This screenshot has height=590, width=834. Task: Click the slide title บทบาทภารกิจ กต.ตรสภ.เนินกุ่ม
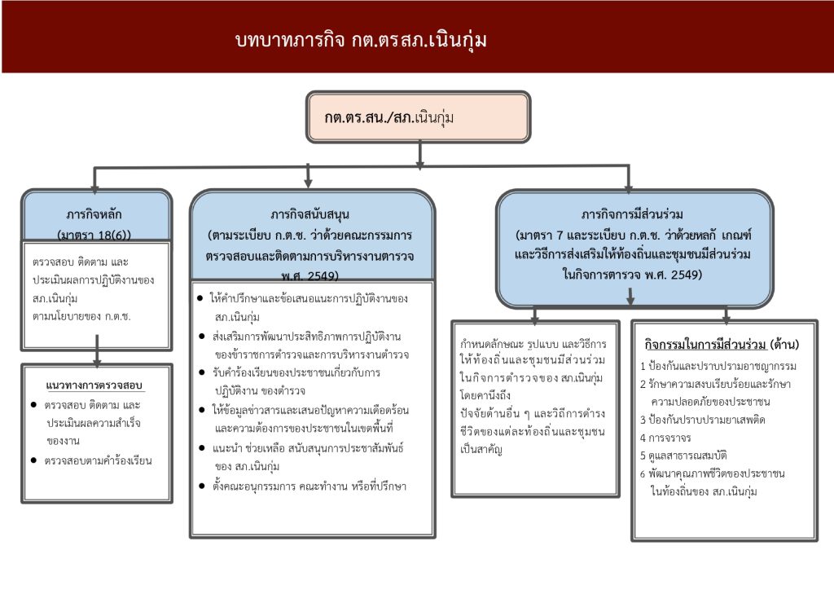coord(361,41)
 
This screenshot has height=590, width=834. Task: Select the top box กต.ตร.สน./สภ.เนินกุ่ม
coord(419,117)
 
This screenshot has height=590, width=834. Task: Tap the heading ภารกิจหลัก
coord(94,214)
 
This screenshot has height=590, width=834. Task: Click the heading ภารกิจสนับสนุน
coord(309,214)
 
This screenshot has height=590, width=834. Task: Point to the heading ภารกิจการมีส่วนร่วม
coord(632,214)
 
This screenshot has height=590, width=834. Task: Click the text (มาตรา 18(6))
coord(94,235)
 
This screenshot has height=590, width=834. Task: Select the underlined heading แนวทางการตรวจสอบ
coord(94,385)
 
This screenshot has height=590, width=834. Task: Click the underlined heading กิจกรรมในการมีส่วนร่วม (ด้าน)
coord(722,345)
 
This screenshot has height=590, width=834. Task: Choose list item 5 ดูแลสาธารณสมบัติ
coord(683,456)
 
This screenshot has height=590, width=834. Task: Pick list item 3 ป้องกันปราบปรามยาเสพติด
coord(703,420)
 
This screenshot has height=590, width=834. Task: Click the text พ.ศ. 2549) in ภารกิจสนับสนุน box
coord(309,275)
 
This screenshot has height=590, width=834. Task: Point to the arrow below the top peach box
coord(419,155)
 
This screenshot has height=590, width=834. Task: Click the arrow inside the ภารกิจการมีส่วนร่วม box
coord(630,297)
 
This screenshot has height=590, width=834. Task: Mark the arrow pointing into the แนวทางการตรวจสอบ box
coord(97,350)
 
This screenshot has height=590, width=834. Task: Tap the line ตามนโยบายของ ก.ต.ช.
coord(81,316)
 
